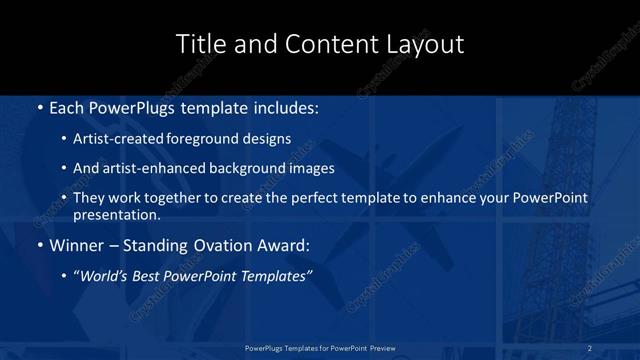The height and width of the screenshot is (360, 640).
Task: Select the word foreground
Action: click(199, 139)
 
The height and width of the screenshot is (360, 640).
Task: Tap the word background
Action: click(238, 168)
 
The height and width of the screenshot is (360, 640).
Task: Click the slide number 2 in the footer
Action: click(589, 347)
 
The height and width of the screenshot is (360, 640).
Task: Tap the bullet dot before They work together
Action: click(64, 198)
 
